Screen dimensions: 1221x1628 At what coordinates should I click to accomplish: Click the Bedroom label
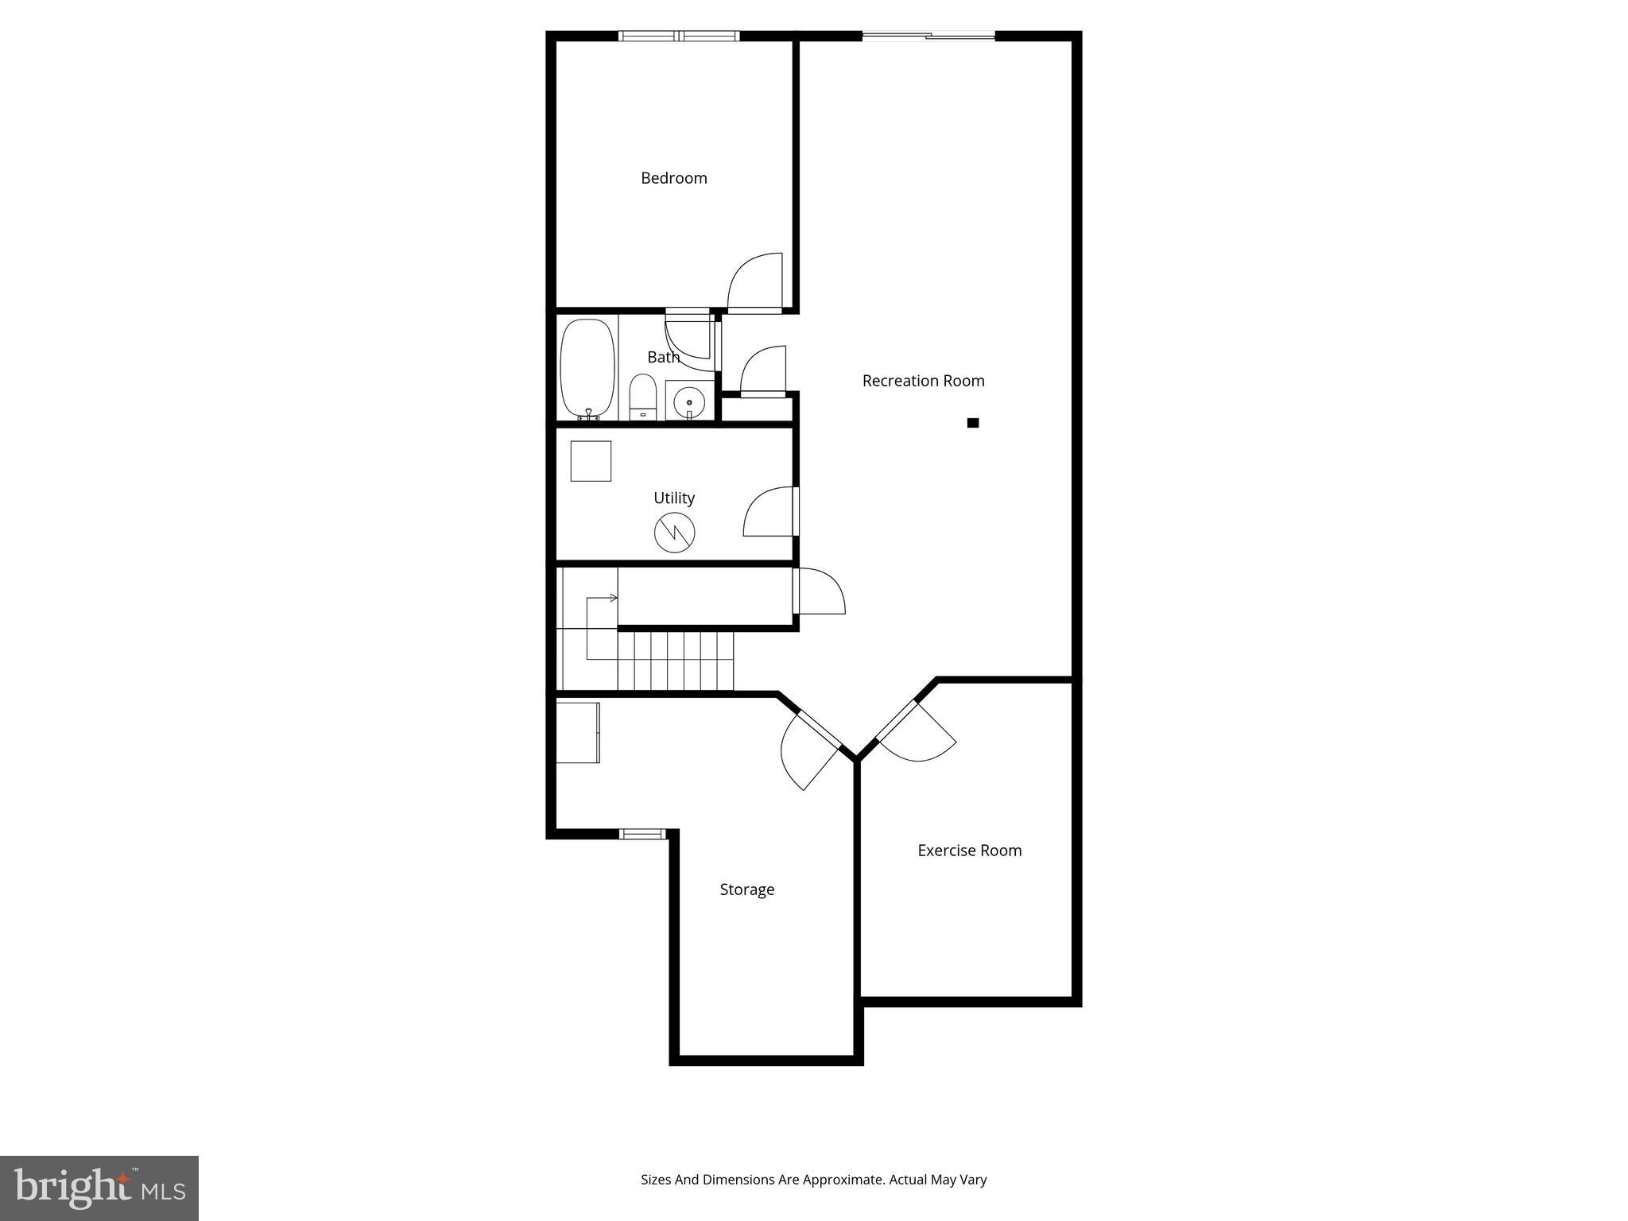click(673, 178)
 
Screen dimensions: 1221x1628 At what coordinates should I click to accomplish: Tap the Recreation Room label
click(923, 381)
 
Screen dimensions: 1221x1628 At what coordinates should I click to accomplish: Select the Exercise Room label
click(969, 851)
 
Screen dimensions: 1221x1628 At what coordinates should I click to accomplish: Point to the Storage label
click(746, 890)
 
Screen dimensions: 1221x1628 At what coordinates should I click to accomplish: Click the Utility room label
click(673, 498)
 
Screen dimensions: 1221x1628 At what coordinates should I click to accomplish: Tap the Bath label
click(663, 358)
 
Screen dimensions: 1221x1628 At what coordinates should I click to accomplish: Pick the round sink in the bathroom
click(688, 402)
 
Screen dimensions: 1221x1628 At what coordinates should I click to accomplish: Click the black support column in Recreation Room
click(972, 423)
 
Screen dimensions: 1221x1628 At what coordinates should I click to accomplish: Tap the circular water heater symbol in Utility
click(674, 533)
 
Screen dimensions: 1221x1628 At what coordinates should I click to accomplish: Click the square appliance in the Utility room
click(591, 461)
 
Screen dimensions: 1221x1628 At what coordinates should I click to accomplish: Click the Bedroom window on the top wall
click(679, 36)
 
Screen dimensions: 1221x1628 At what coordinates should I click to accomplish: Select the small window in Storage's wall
click(642, 834)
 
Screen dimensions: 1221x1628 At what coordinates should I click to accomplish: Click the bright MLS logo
click(99, 1188)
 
